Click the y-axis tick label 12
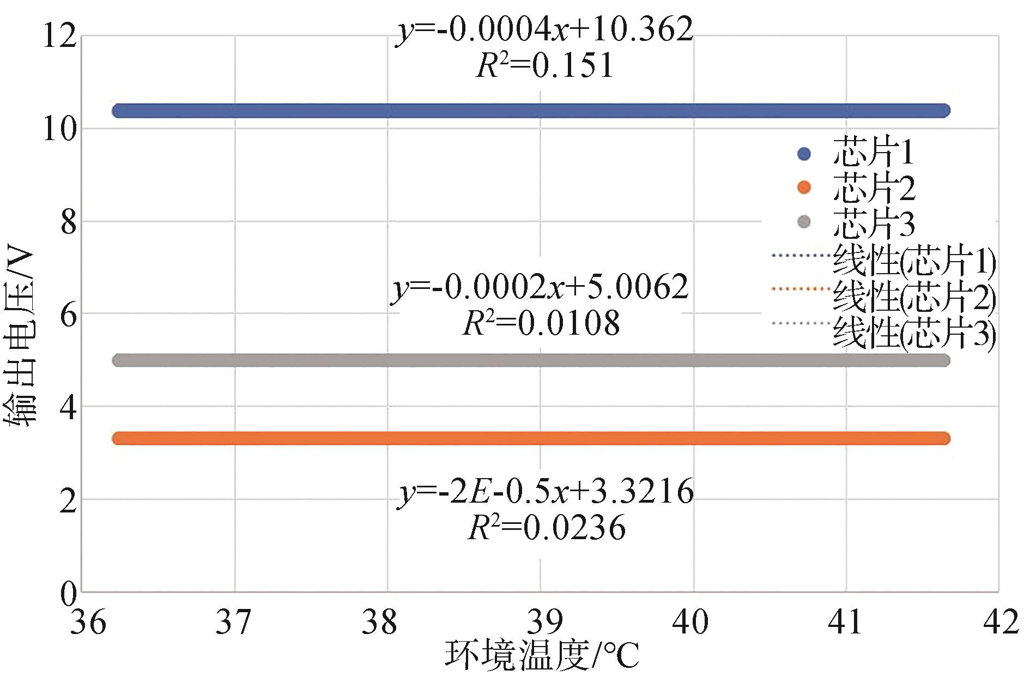[x=60, y=37]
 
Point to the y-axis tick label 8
[x=68, y=223]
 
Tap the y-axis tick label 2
[x=68, y=501]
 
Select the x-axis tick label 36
[x=88, y=622]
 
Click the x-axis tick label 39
[x=545, y=622]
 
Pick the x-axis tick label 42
[x=1001, y=622]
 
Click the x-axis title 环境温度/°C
[x=542, y=656]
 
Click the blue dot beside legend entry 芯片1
[x=804, y=154]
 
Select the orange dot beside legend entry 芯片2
[x=804, y=188]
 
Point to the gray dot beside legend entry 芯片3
[x=804, y=222]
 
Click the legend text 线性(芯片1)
[x=914, y=262]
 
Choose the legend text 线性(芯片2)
[x=914, y=297]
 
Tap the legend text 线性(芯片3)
[x=914, y=333]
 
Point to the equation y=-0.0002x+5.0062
[x=540, y=287]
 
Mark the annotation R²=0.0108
[x=541, y=323]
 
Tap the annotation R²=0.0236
[x=547, y=527]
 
